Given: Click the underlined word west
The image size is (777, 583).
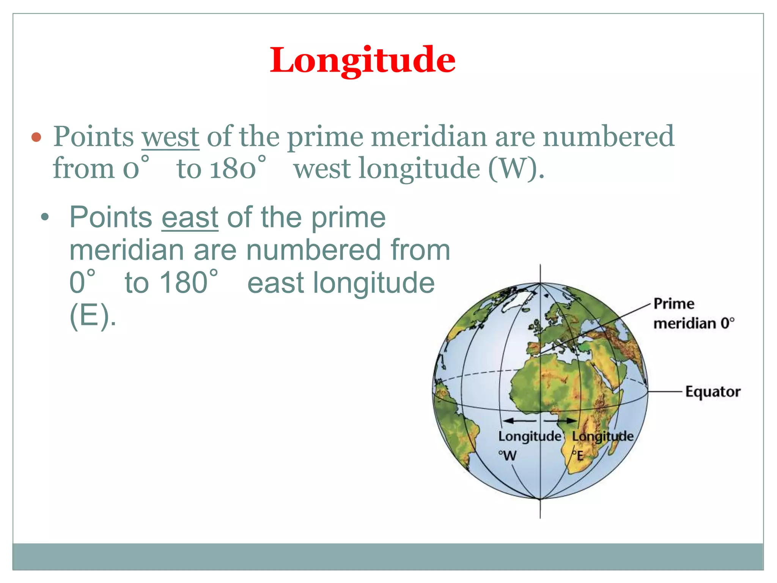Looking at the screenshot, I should pos(170,137).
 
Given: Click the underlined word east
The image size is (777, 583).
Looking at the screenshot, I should pos(190,217).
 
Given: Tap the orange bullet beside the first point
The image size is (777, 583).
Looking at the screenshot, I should pos(36,137).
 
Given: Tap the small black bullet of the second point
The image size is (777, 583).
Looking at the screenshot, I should pos(45,217).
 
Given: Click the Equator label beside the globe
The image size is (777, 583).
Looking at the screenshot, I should pos(713,391).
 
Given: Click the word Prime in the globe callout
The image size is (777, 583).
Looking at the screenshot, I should pos(674,304).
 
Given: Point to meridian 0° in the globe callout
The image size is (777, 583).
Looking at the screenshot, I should pos(694,323).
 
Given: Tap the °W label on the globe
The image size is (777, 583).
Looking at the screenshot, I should pos(507,455).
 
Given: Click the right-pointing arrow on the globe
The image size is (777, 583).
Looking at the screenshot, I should pos(561,421).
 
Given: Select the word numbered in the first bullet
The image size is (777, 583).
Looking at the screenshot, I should pos(608,137).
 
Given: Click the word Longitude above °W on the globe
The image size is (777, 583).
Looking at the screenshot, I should pos(529,436).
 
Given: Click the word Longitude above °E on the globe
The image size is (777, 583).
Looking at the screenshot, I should pos(602,436).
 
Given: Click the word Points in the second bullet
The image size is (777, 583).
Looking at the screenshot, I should pos(111,217).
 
